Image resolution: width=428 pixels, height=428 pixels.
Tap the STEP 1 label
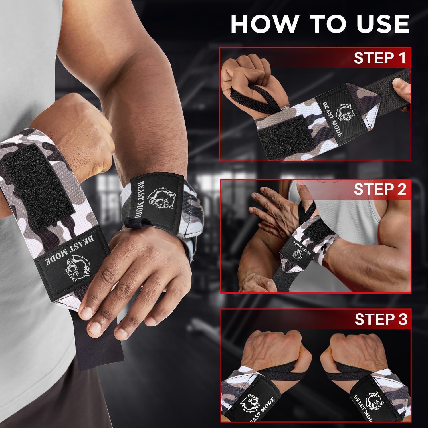(379, 58)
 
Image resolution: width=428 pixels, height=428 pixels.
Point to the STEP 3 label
(381, 320)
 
